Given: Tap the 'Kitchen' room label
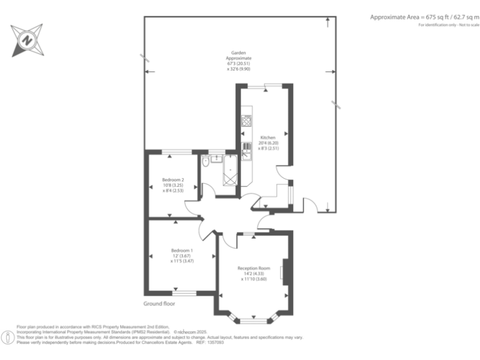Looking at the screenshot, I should (x=267, y=137).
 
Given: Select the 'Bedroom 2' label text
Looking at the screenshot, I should (x=173, y=180).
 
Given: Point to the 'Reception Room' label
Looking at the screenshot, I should (x=254, y=268).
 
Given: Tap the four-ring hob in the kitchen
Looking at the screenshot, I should (x=246, y=121).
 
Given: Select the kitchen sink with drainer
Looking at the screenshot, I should (x=247, y=151).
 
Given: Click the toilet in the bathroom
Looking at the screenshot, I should (x=206, y=162).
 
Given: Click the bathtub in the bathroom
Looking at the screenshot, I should (x=230, y=172).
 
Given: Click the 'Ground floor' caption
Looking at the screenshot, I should (x=159, y=304).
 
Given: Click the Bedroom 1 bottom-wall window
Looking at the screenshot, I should (x=184, y=293).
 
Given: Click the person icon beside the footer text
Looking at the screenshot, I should (x=7, y=338).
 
